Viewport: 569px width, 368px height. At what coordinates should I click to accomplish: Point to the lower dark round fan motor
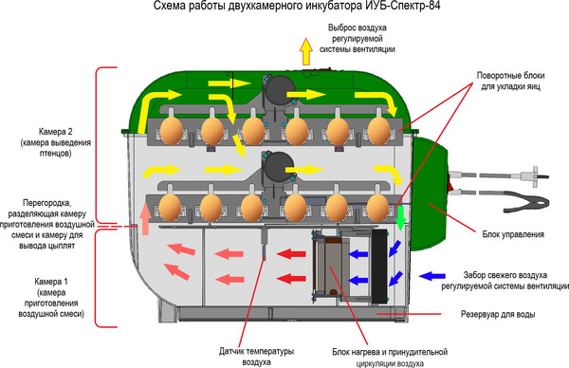pos(280,169)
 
